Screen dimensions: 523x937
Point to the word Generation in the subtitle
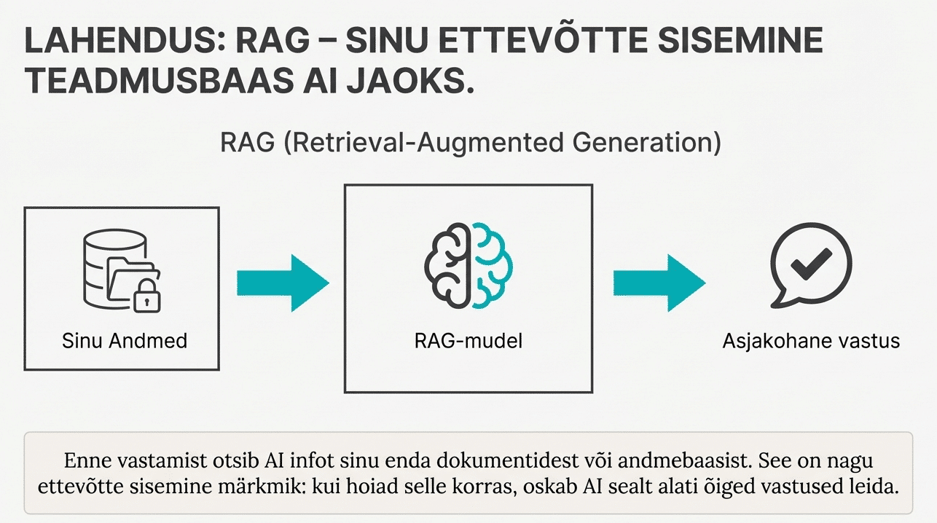point(641,142)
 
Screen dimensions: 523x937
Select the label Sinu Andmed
point(125,340)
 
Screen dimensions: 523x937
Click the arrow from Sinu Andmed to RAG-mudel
point(283,283)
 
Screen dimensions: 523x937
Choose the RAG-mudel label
point(469,340)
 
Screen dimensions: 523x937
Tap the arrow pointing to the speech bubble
point(659,283)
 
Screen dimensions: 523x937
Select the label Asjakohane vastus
point(811,340)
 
